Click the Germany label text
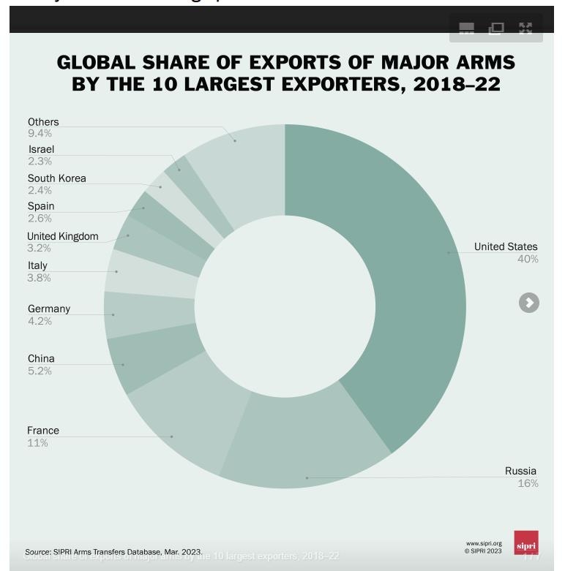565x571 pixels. pos(49,309)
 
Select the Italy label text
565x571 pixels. pos(37,265)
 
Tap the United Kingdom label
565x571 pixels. pos(62,236)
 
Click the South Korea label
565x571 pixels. pos(56,178)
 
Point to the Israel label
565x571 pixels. pos(41,149)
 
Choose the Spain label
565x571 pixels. pos(41,206)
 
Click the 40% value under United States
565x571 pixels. pos(528,260)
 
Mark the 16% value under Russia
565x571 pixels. pos(528,483)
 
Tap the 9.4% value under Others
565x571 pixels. pos(40,133)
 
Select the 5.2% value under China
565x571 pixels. pos(40,371)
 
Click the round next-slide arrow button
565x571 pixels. pos(529,303)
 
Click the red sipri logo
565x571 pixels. pos(526,543)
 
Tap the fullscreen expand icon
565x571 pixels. pos(525,29)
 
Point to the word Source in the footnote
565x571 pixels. pos(37,552)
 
